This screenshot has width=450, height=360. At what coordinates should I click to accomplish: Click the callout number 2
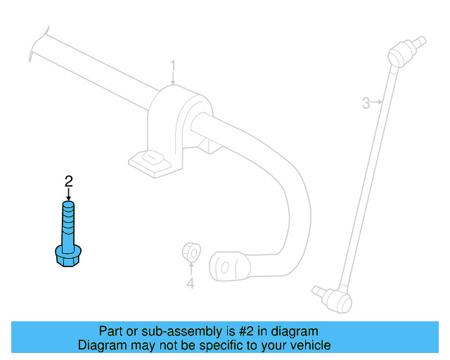[69, 181]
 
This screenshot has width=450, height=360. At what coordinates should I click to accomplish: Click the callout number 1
[172, 65]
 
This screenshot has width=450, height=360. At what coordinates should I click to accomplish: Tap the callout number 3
[366, 103]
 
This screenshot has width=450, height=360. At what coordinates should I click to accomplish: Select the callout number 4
[191, 283]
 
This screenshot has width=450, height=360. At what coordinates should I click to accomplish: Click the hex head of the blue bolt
[68, 256]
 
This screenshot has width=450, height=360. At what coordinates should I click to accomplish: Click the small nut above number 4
[191, 252]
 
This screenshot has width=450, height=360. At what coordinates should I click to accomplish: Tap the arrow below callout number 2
[68, 194]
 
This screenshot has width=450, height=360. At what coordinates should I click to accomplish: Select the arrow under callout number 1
[173, 78]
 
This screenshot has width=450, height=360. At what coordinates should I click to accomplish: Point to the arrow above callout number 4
[191, 269]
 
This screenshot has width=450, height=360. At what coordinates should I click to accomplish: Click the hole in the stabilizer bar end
[225, 268]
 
